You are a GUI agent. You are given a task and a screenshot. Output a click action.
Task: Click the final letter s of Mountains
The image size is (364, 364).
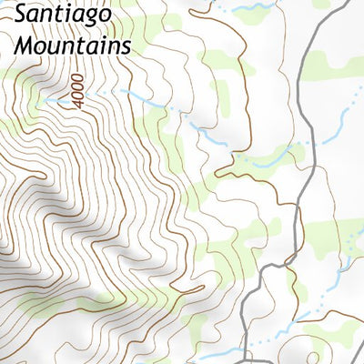pos(126,45)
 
